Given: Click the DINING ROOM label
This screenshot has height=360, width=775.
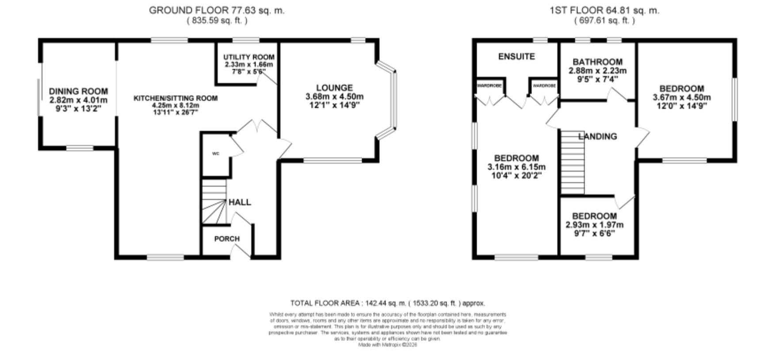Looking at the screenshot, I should point(78,92).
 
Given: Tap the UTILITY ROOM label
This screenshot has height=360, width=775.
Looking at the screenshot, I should point(248,57).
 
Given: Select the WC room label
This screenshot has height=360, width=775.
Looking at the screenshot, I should point(216,153).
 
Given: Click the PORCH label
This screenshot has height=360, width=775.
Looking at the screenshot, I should point(227,239).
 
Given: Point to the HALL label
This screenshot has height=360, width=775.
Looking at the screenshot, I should point(240,202).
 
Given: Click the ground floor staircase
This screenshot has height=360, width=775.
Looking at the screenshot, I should point(214,201).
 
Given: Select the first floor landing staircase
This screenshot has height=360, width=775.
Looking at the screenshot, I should point(573,162).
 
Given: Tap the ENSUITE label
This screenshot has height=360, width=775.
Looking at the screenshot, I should point(516,57).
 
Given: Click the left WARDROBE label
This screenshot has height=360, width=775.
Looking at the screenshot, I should point(489,86).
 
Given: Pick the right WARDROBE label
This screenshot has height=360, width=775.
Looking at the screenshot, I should point(544,86).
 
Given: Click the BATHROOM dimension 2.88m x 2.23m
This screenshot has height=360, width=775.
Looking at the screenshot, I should point(597,71).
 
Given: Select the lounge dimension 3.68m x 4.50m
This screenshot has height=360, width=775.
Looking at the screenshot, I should point(334,97).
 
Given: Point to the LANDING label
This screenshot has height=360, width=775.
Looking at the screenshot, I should point(598,136).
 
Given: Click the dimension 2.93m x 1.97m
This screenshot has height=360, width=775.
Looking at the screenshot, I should point(594,225).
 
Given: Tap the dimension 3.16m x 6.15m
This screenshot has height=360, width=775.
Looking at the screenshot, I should point(516,167).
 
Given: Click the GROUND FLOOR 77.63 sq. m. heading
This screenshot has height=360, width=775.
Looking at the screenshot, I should point(217,10).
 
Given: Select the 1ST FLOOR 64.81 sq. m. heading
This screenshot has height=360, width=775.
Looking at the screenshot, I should point(604,10).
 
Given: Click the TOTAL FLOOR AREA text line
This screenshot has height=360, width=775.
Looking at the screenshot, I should point(387,303).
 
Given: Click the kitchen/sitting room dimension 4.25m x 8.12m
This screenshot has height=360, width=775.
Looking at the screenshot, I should point(175,105).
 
